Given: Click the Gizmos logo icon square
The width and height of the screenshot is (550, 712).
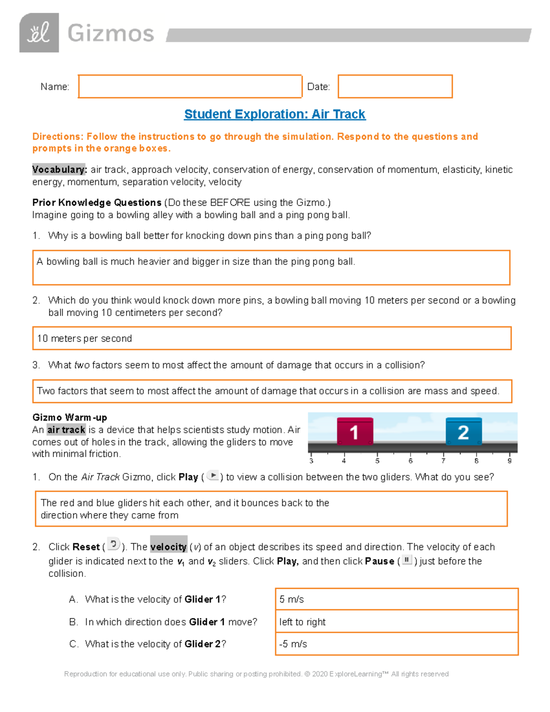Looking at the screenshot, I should (x=39, y=33).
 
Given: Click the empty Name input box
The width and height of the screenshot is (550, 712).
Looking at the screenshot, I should (x=190, y=86).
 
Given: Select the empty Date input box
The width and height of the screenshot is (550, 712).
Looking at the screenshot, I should (x=395, y=86).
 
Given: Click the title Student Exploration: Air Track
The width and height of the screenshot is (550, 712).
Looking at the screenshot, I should (x=275, y=114).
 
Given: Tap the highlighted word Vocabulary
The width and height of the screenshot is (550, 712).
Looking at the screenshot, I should (x=59, y=170).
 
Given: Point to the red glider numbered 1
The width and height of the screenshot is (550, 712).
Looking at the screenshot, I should (x=355, y=431).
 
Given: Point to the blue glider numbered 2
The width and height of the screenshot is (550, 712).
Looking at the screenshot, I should (x=463, y=431).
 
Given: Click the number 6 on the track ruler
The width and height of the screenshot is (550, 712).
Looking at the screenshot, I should (x=411, y=461).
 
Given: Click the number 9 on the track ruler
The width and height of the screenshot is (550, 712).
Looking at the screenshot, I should (x=509, y=461).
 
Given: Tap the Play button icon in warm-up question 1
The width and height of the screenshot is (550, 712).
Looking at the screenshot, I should (x=213, y=475).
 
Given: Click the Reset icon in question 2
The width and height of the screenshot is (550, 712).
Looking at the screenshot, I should (x=113, y=544).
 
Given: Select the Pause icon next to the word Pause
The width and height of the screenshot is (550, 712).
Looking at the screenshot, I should (x=407, y=560).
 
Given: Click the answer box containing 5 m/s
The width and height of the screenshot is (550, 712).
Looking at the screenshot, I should (x=396, y=599).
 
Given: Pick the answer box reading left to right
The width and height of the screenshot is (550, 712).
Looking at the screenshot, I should (x=396, y=622).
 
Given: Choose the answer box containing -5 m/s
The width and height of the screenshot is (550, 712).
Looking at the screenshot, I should (x=396, y=644).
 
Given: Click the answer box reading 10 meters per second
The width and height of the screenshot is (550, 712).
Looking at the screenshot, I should (x=272, y=338).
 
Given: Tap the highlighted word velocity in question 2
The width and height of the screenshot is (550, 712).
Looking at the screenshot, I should (x=169, y=547).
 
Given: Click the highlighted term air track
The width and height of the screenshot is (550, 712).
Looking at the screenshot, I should (x=66, y=430).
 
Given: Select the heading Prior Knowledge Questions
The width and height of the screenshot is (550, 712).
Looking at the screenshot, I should (x=97, y=203).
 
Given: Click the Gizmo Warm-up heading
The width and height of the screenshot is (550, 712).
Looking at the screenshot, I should (x=70, y=417).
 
